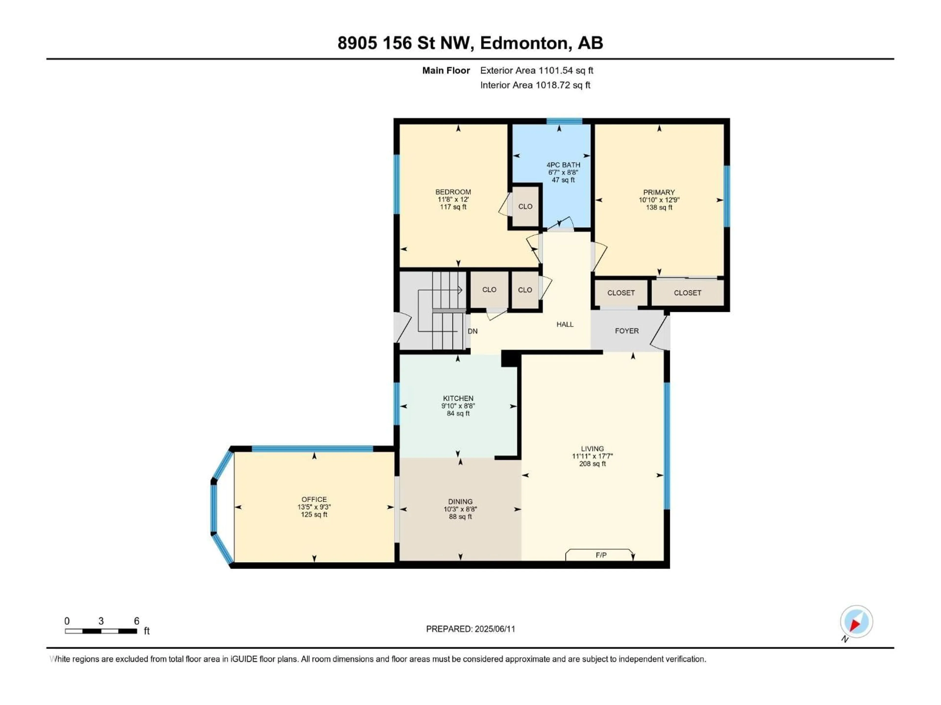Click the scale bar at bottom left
tap(101, 631)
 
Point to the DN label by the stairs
tap(473, 331)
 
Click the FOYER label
tap(627, 331)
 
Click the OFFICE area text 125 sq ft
tap(314, 515)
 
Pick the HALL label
tap(565, 324)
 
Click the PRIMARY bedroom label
tap(658, 192)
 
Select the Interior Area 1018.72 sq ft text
tap(535, 85)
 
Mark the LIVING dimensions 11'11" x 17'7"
tap(592, 456)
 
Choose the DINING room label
tap(460, 501)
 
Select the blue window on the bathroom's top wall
tap(564, 121)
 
